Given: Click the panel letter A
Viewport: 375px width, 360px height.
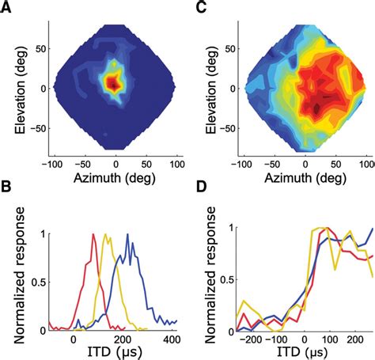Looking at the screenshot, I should pyautogui.click(x=7, y=7).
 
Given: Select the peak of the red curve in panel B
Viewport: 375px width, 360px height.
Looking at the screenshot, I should pyautogui.click(x=93, y=234).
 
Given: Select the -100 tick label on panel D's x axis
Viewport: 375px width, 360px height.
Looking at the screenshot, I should pyautogui.click(x=281, y=339).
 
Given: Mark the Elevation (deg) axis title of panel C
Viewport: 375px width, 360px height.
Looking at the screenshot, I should pyautogui.click(x=204, y=87).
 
